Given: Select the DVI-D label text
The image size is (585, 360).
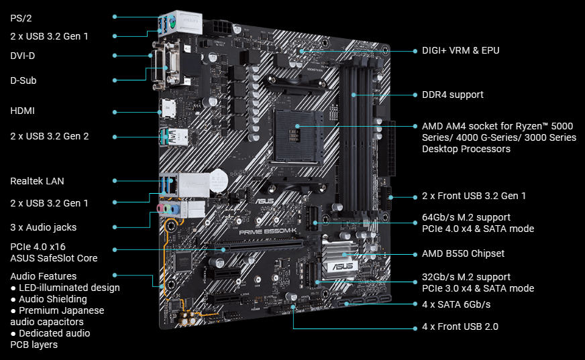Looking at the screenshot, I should click(23, 56).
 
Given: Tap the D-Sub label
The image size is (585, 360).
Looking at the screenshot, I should click(23, 80).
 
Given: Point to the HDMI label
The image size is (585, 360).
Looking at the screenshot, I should click(23, 111).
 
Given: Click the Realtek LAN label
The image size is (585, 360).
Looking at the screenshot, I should click(38, 181).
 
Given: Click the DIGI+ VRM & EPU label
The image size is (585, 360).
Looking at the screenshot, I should click(460, 50).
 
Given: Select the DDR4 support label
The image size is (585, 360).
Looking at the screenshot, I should click(452, 95).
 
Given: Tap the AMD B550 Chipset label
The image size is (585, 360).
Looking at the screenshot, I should click(463, 253).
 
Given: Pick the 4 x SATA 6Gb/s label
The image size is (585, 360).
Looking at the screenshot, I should click(456, 304).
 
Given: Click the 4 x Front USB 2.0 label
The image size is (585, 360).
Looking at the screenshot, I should click(460, 326).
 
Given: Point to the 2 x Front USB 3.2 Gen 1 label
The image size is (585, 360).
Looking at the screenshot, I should click(474, 196).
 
